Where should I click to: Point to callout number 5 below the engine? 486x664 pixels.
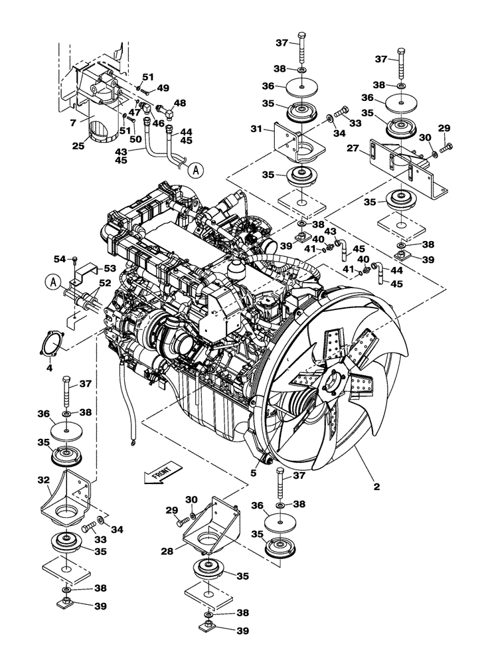click(253, 474)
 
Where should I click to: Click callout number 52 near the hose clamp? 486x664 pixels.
click(105, 283)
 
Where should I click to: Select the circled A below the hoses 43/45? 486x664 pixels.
click(195, 171)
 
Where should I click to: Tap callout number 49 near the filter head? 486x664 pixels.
click(163, 88)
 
